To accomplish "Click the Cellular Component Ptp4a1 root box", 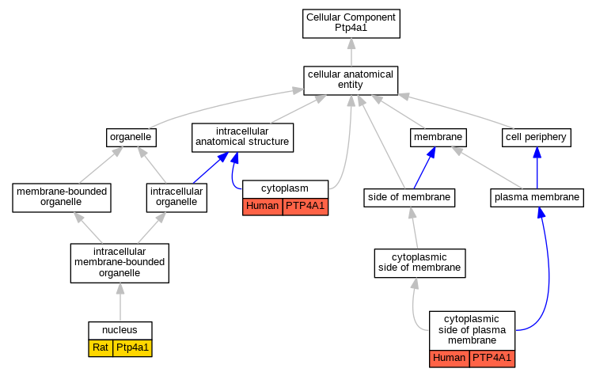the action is pyautogui.click(x=351, y=24).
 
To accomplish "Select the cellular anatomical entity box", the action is pyautogui.click(x=351, y=81).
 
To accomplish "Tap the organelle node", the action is pyautogui.click(x=131, y=138).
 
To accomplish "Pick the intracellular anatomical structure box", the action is pyautogui.click(x=242, y=138).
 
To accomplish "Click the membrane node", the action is pyautogui.click(x=438, y=138).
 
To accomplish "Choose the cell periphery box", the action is pyautogui.click(x=537, y=138).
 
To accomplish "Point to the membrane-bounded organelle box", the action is pyautogui.click(x=62, y=198).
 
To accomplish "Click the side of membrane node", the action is pyautogui.click(x=409, y=198).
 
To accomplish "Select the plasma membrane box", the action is pyautogui.click(x=537, y=198).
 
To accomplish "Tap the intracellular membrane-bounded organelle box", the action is pyautogui.click(x=120, y=263).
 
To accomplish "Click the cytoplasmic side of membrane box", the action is pyautogui.click(x=419, y=263).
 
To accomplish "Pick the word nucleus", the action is pyautogui.click(x=120, y=330).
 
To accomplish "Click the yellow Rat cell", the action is pyautogui.click(x=101, y=348).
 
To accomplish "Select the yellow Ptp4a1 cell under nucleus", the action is pyautogui.click(x=132, y=348).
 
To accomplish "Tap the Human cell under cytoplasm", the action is pyautogui.click(x=263, y=207).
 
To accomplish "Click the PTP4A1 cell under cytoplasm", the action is pyautogui.click(x=306, y=207).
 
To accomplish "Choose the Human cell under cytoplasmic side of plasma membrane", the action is pyautogui.click(x=450, y=359).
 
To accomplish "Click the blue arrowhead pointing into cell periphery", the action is pyautogui.click(x=537, y=153).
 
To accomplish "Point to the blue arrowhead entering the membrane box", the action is pyautogui.click(x=431, y=153).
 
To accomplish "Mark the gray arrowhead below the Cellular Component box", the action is pyautogui.click(x=351, y=44).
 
